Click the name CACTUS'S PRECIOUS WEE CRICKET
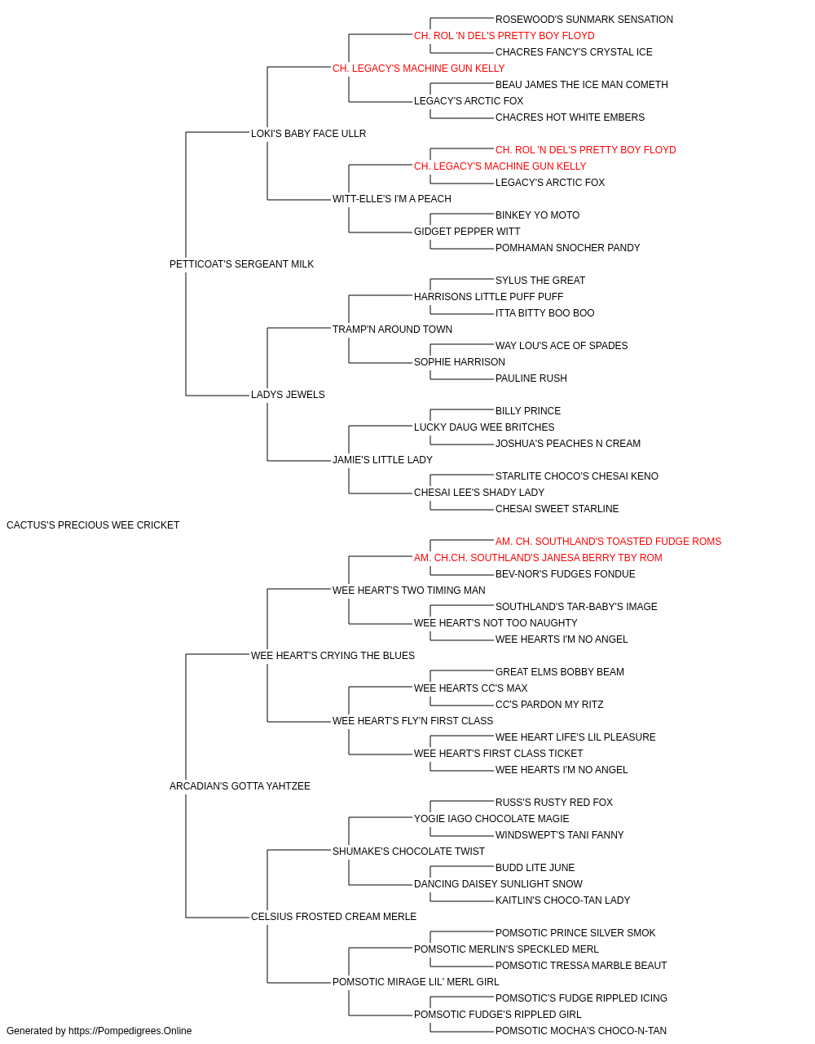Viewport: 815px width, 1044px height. click(93, 525)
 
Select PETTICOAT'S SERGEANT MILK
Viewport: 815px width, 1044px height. click(241, 264)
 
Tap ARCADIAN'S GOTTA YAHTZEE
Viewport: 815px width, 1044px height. click(240, 786)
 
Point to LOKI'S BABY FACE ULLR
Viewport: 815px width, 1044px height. click(309, 134)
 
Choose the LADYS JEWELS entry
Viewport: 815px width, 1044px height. click(288, 395)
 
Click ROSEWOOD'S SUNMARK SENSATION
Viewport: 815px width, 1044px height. click(584, 20)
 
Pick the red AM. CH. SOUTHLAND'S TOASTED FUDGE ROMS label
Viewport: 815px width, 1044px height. click(608, 542)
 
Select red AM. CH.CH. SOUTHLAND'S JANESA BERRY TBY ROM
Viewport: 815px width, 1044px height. click(538, 558)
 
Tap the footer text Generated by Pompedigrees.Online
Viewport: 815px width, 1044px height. click(99, 1031)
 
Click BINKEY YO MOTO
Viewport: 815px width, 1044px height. click(538, 215)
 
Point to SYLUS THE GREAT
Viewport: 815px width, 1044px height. click(540, 281)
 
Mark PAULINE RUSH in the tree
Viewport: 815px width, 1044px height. click(531, 378)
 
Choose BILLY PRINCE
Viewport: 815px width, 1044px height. click(528, 411)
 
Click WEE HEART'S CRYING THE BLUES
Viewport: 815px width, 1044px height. click(333, 656)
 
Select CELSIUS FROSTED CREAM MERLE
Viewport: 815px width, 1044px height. click(333, 917)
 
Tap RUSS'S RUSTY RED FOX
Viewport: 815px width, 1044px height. click(554, 803)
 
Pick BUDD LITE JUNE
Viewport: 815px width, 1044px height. click(535, 868)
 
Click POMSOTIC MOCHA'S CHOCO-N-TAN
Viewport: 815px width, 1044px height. click(581, 1031)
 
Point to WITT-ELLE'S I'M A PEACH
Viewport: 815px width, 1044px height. click(392, 199)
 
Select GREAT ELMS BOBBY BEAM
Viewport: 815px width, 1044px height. click(560, 672)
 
